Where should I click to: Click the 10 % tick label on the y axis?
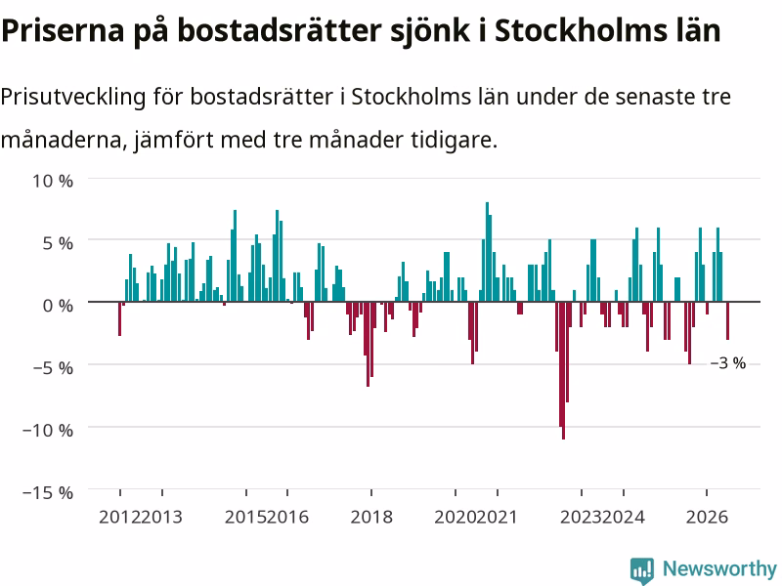tap(53, 181)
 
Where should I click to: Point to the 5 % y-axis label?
tap(58, 243)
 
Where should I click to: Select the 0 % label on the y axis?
tap(58, 306)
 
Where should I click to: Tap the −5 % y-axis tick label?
tap(53, 368)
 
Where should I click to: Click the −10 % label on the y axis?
tap(48, 430)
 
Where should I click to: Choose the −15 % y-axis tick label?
tap(48, 493)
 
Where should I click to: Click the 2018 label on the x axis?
tap(371, 517)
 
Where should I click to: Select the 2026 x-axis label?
tap(707, 517)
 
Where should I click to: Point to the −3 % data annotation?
tap(728, 363)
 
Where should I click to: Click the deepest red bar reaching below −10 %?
tap(564, 370)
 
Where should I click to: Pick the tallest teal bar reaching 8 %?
tap(487, 252)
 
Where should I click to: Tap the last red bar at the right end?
tap(727, 320)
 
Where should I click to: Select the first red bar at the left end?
tap(119, 318)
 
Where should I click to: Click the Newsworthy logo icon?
tap(642, 570)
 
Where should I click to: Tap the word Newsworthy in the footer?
tap(719, 568)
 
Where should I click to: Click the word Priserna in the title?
tap(63, 31)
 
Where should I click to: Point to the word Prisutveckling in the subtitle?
tap(72, 97)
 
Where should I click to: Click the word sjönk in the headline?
tap(430, 32)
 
